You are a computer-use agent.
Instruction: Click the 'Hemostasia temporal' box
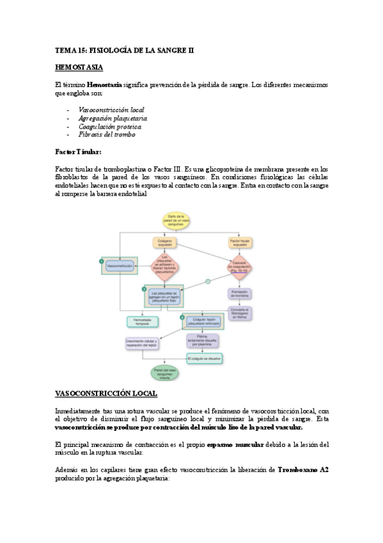139,321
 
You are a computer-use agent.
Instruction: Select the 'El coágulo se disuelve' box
205,359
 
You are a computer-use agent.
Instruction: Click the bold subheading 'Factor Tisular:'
78,152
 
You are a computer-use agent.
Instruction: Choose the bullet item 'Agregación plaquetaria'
113,118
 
